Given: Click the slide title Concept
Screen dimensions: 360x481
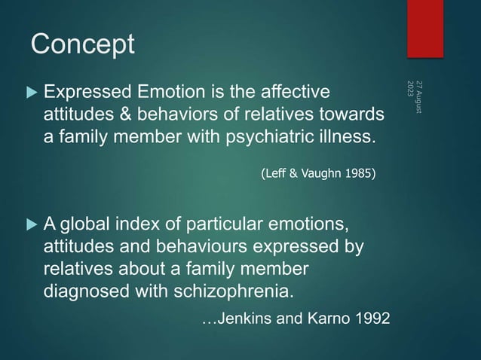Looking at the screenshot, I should pyautogui.click(x=83, y=44).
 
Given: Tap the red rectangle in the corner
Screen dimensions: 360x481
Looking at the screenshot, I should pyautogui.click(x=425, y=28).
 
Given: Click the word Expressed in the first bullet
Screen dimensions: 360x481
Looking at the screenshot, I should pyautogui.click(x=81, y=93).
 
